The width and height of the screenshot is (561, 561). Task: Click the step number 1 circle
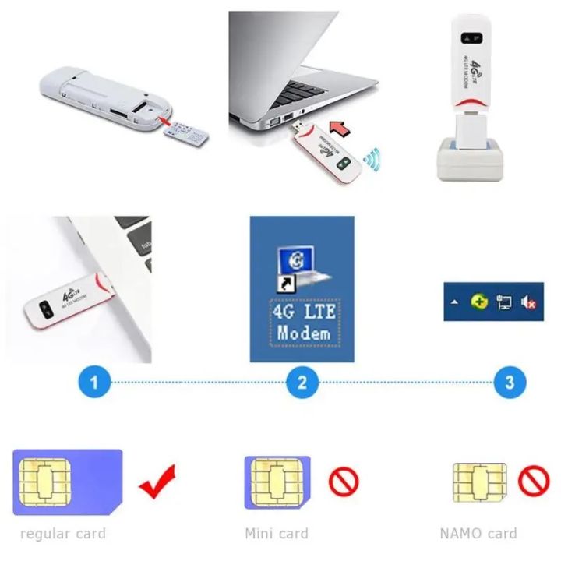94,383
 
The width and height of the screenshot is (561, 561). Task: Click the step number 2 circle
302,383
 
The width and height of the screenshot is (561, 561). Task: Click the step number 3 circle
510,383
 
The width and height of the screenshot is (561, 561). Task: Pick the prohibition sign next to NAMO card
534,481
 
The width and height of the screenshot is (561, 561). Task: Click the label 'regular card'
62,534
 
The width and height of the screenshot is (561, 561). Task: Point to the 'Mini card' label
277,534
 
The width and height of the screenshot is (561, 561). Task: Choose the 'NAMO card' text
478,534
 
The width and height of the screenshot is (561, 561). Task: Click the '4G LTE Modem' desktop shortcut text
303,323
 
